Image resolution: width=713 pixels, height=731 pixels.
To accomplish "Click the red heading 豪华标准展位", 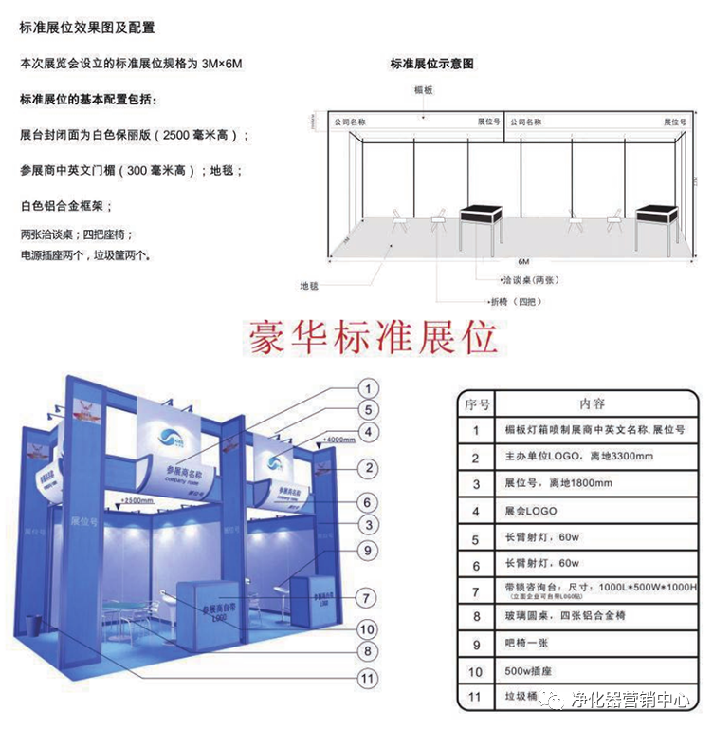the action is pos(372,337).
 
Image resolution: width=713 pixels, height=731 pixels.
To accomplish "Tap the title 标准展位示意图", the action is pos(431,65).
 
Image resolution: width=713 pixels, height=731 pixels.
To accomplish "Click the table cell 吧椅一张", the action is pos(532,644).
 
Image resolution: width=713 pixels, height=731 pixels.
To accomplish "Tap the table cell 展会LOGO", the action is pos(532,512).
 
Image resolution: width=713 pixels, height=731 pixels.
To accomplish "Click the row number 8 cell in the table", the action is pos(476,617).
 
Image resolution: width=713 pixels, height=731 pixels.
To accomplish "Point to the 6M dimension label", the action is pos(523,260).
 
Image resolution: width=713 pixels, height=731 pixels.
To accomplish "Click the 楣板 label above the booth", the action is pos(423,88).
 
